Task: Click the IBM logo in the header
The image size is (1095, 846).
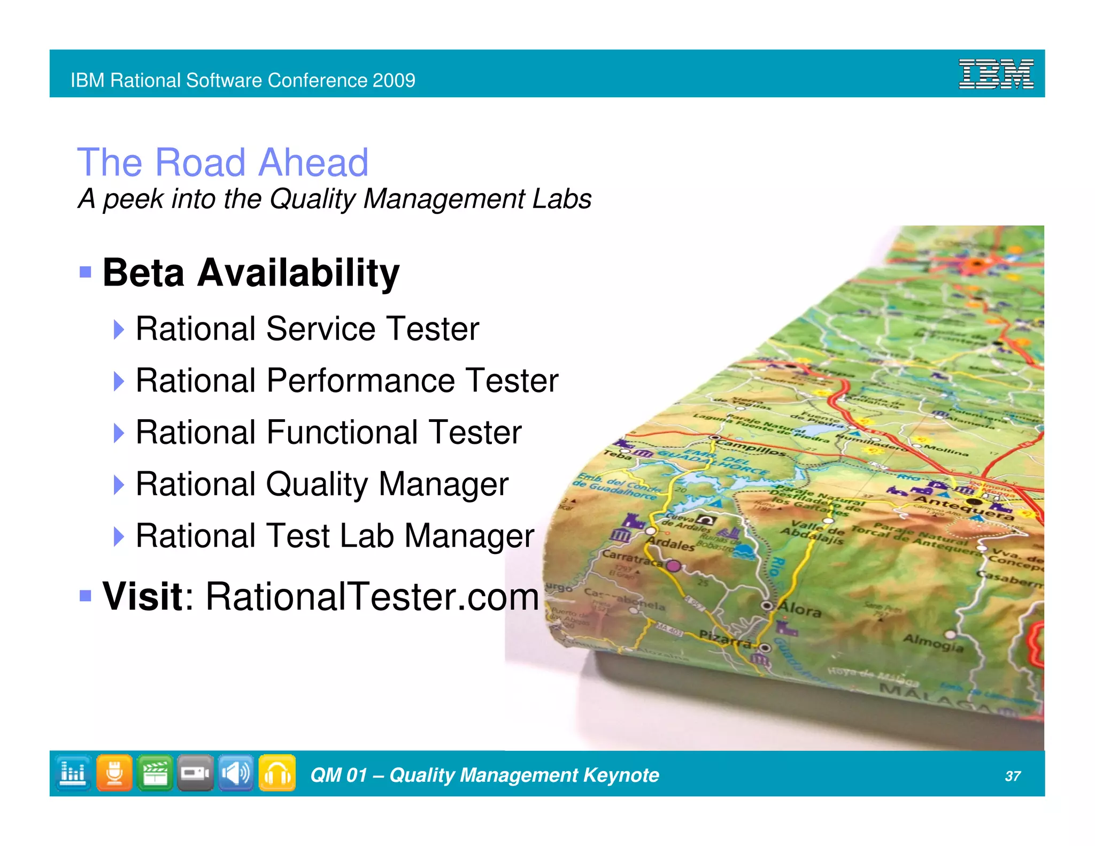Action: tap(996, 74)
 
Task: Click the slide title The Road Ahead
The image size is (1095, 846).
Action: tap(223, 162)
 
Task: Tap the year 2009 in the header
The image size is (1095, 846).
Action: tap(394, 80)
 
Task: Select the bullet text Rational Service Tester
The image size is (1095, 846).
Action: tap(307, 328)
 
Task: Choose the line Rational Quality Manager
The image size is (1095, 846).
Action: tap(322, 484)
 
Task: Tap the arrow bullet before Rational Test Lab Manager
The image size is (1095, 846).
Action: tap(119, 536)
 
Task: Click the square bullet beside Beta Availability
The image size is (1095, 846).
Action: tap(85, 272)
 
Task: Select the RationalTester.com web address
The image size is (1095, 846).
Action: tap(372, 596)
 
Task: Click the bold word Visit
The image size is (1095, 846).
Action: tap(143, 596)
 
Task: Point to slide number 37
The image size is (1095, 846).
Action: tap(1013, 776)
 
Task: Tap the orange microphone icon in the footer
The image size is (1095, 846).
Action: tap(114, 773)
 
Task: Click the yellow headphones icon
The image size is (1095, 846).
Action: tap(277, 773)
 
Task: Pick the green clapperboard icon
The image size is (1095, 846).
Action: tap(155, 773)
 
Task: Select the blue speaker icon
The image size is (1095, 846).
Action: tap(236, 773)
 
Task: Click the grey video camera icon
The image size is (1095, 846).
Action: tap(195, 773)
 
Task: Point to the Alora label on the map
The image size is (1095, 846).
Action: tap(799, 609)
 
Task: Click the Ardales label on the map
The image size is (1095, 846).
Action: tap(670, 544)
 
